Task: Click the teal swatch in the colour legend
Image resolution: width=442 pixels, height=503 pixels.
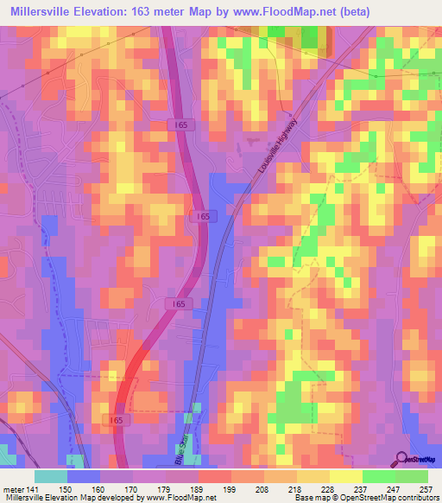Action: click(x=51, y=476)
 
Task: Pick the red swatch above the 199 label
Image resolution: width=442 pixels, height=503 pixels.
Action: click(x=215, y=476)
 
